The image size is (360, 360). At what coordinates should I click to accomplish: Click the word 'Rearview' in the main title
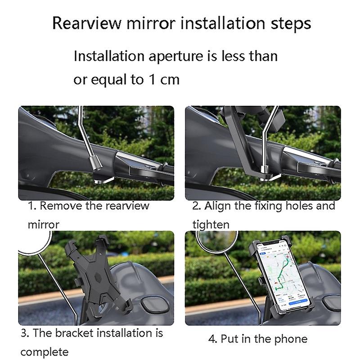[86, 23]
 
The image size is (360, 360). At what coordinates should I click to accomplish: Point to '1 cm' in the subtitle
[164, 80]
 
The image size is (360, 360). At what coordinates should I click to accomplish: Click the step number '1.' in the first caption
[32, 206]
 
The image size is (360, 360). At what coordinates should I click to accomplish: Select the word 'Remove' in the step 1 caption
[61, 206]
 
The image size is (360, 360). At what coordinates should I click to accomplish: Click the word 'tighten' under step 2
[211, 225]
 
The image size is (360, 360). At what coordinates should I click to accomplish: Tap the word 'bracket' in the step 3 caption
[74, 333]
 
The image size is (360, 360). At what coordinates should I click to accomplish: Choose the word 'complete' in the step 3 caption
[44, 352]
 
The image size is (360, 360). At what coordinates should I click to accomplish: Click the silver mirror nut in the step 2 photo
[265, 169]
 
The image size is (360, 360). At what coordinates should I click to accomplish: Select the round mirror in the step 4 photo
[217, 241]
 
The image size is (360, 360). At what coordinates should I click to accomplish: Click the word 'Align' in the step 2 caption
[217, 206]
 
